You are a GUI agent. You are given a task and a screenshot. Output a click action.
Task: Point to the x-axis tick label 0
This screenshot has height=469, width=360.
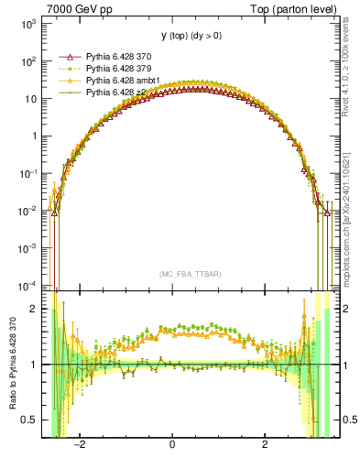pyautogui.click(x=172, y=446)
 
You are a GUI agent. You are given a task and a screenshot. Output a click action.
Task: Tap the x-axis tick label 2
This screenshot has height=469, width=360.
pyautogui.click(x=265, y=446)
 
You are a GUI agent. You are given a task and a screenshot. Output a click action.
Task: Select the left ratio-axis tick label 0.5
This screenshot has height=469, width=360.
pyautogui.click(x=30, y=420)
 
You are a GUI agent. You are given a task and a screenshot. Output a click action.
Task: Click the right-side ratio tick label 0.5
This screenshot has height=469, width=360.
pyautogui.click(x=349, y=420)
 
